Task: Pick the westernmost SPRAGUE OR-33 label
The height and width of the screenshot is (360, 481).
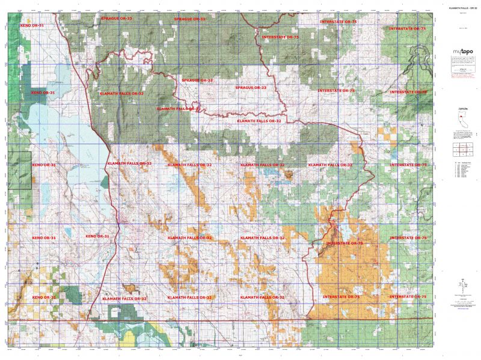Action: click(117, 19)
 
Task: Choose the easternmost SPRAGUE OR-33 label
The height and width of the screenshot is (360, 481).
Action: click(251, 88)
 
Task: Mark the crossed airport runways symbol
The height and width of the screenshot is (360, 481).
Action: click(138, 248)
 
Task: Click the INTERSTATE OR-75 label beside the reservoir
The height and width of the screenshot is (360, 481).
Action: click(344, 243)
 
